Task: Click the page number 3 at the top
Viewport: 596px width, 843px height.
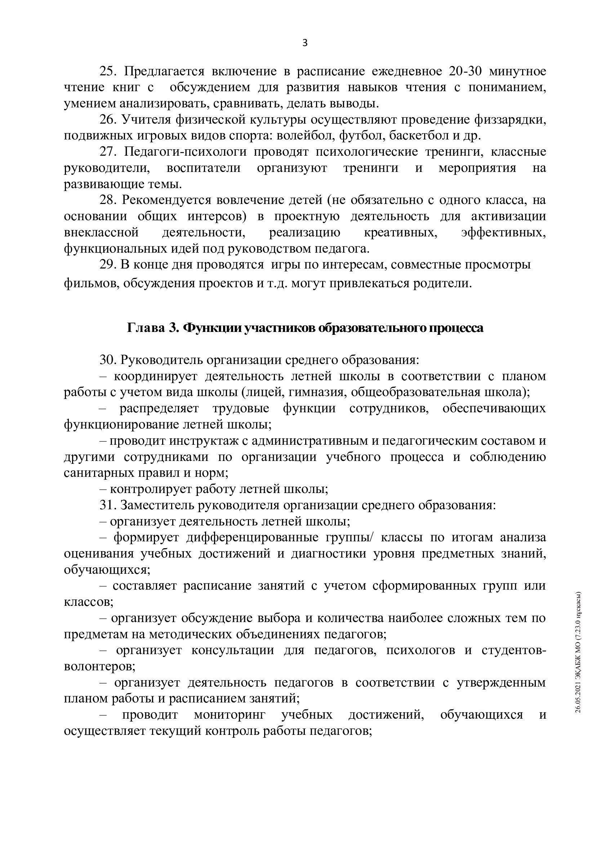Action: pyautogui.click(x=304, y=43)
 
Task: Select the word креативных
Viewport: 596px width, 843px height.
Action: pyautogui.click(x=400, y=233)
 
